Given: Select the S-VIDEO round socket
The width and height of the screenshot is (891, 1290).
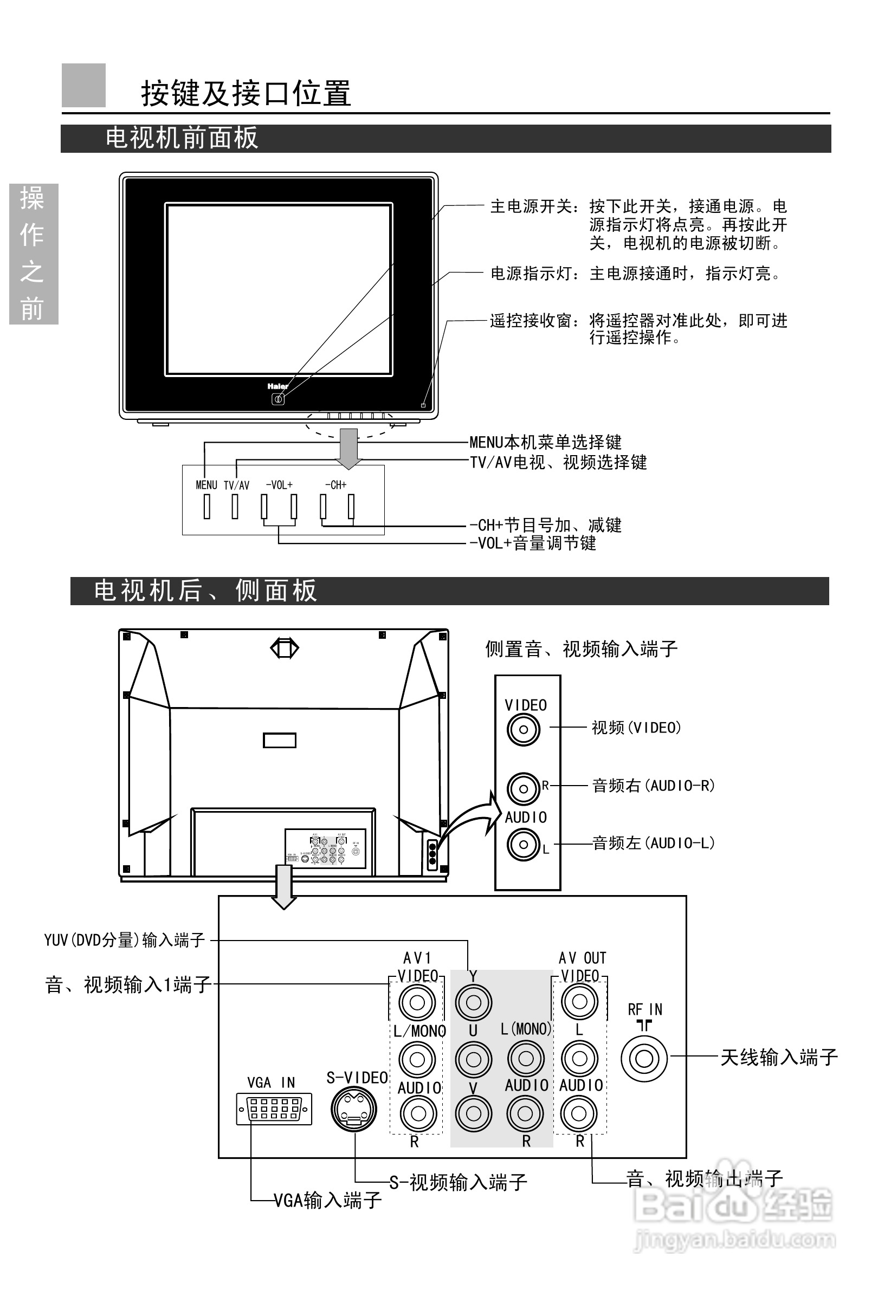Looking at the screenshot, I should (x=353, y=1109).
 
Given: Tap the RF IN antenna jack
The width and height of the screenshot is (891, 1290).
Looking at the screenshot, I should (x=644, y=1059).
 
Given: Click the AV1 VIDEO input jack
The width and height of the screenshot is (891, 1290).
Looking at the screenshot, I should (x=417, y=1003).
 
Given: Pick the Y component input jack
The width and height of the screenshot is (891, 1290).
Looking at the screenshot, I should (x=474, y=1003).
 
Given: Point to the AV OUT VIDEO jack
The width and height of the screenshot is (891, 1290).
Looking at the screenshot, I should (x=579, y=1002).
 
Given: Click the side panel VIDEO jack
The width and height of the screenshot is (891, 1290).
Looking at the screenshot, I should (x=523, y=729).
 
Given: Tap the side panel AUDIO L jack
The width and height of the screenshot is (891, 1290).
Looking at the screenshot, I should (x=523, y=844).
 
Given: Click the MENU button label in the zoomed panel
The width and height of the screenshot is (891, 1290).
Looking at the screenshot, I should (x=206, y=485).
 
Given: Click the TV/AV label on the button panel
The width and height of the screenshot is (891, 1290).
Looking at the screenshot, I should (x=236, y=485).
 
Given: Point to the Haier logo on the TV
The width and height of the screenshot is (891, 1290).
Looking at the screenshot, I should (x=277, y=386).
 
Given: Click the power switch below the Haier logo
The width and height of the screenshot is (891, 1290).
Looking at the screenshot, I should (x=278, y=399).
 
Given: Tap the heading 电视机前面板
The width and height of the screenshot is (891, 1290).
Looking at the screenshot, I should (x=182, y=138).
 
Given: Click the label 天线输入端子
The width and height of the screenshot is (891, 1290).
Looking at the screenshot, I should (x=779, y=1058).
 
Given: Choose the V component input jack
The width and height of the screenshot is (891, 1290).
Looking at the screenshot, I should (x=474, y=1113).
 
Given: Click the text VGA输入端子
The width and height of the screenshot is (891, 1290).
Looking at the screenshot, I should (x=327, y=1200).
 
